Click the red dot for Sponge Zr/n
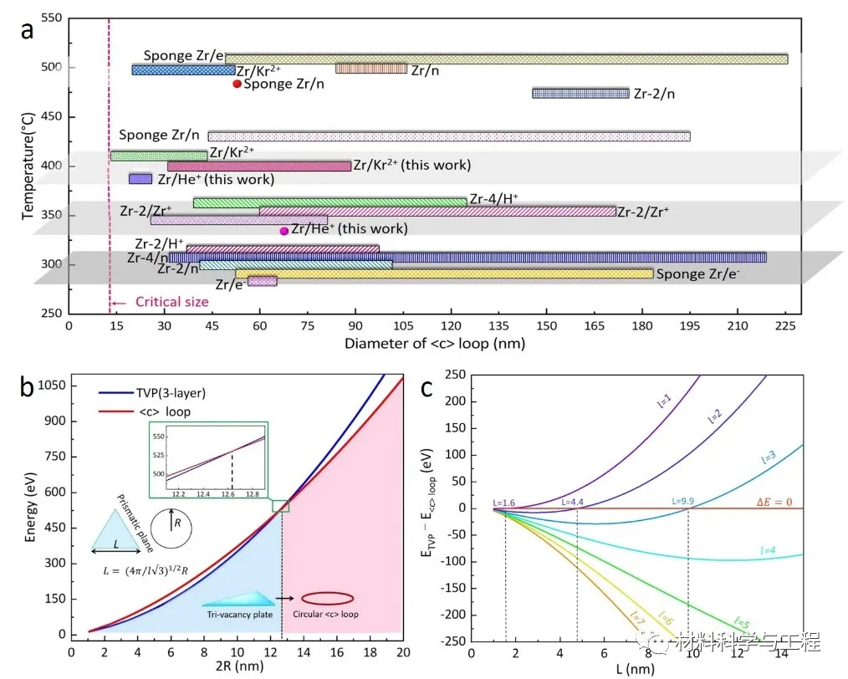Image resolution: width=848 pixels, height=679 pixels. click(237, 84)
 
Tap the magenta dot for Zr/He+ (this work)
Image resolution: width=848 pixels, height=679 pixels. click(284, 231)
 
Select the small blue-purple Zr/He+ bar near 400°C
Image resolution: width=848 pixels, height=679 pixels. click(140, 178)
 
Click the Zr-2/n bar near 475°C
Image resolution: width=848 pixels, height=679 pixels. click(580, 93)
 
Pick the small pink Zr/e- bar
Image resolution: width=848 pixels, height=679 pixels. click(262, 282)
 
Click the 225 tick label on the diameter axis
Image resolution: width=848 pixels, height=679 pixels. click(785, 326)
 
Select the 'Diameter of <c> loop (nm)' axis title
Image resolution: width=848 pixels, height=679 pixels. click(434, 343)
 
